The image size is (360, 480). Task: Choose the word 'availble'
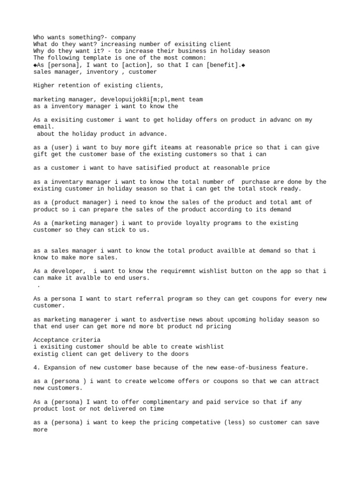[223, 251]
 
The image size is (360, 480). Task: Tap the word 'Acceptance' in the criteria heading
[51, 340]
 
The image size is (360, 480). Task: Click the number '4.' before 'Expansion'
[37, 367]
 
